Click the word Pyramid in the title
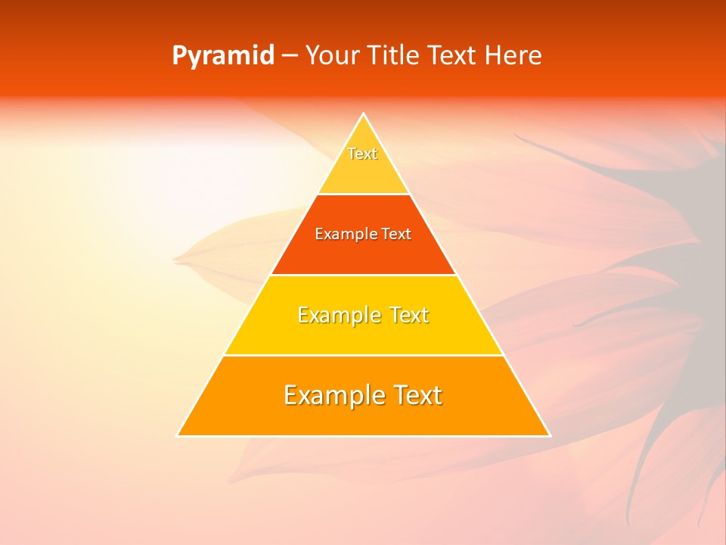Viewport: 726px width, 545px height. (x=223, y=56)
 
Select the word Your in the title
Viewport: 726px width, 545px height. (x=331, y=56)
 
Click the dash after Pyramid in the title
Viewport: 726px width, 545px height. (x=290, y=57)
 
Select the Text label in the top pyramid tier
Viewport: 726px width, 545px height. (x=362, y=154)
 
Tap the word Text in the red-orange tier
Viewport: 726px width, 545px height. (x=396, y=235)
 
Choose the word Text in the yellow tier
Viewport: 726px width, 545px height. (x=409, y=315)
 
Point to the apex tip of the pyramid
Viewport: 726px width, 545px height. (x=364, y=114)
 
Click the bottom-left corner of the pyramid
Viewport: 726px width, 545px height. (x=178, y=435)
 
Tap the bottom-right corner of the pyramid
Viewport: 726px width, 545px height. (x=549, y=435)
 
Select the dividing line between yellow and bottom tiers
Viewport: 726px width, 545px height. (x=364, y=355)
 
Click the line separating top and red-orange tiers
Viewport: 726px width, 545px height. (x=364, y=195)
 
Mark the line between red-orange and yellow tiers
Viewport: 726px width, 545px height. (x=364, y=275)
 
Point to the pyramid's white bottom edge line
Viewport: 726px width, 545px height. (x=364, y=436)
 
